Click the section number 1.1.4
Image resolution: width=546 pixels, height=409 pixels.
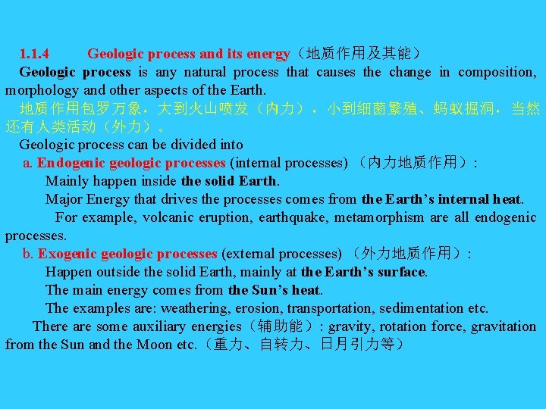(35, 54)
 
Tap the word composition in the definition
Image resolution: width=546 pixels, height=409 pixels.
(497, 72)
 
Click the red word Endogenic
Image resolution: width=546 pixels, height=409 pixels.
(71, 163)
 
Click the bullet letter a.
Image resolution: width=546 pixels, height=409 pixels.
(27, 163)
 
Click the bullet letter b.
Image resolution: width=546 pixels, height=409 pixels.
(27, 254)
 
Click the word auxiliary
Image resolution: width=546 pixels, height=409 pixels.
(158, 326)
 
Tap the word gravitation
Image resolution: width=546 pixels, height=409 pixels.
(504, 326)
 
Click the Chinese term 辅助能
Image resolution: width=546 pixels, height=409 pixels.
(281, 326)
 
